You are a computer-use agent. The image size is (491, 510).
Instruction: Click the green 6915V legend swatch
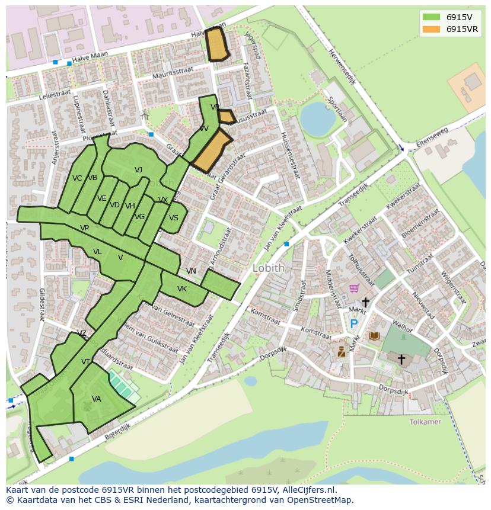point(431,17)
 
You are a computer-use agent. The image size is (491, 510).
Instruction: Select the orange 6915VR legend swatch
point(431,29)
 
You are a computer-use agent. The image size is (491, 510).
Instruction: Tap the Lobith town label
point(269,268)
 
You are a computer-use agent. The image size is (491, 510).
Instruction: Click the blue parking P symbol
point(354,323)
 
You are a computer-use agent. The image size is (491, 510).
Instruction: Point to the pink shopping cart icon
point(354,288)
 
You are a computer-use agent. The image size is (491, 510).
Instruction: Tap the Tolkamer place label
point(425,422)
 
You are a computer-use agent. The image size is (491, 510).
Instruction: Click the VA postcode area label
point(96,399)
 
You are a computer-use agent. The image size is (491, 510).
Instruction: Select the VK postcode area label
point(182,289)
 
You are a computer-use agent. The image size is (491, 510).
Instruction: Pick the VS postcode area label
point(173,218)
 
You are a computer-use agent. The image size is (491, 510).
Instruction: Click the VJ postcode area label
point(138,170)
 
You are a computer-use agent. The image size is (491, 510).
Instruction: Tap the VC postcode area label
point(77,178)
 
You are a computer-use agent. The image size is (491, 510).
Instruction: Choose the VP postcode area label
point(84,228)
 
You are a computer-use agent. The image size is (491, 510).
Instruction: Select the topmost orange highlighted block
point(217,44)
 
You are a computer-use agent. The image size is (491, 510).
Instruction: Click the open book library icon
point(374,336)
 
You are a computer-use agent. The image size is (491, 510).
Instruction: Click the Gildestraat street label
point(42,304)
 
